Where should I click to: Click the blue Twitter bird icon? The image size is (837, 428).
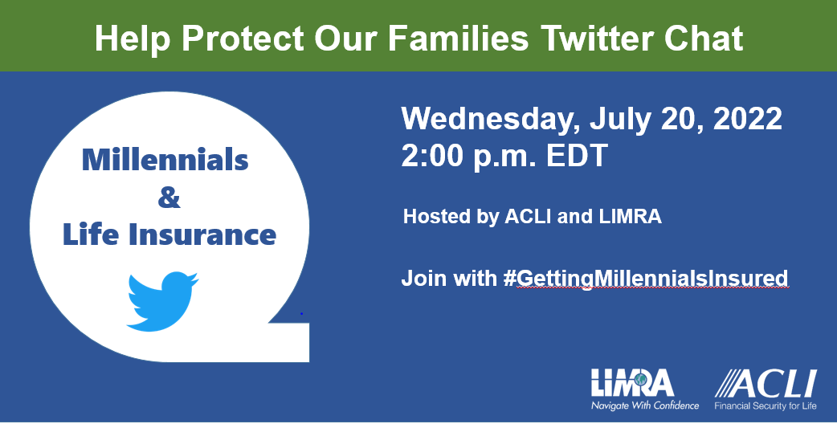[x=162, y=301]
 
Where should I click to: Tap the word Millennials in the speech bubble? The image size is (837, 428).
[x=165, y=160]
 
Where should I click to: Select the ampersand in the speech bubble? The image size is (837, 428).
[x=169, y=198]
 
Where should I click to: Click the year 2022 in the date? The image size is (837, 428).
[x=747, y=119]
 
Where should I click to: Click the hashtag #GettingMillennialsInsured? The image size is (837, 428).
[x=646, y=279]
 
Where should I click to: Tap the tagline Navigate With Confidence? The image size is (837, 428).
[x=645, y=405]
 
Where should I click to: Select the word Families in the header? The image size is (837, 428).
[x=458, y=38]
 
